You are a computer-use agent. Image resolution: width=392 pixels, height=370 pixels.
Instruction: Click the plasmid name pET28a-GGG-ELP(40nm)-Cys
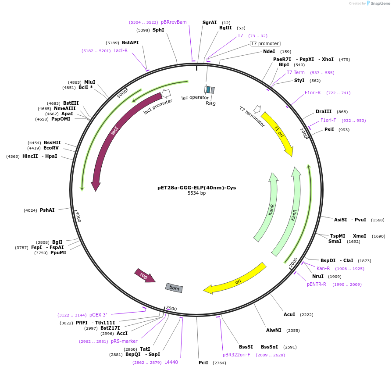tap(196, 188)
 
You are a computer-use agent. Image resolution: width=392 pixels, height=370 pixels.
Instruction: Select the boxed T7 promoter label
tap(265, 43)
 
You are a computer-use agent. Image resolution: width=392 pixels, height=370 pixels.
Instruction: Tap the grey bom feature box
tap(174, 288)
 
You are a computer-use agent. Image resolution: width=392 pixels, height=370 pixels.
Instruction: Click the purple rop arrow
tap(145, 276)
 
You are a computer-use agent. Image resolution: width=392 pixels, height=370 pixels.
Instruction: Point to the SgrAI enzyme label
tap(210, 22)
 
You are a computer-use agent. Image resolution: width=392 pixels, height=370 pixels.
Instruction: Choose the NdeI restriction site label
tap(269, 51)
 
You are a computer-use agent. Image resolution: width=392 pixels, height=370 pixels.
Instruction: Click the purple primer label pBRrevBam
tap(174, 22)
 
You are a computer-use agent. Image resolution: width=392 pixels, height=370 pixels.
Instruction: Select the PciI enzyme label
tap(203, 363)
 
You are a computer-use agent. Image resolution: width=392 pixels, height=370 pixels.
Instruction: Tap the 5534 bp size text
tap(196, 193)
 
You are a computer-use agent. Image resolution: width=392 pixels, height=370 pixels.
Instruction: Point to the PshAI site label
tap(47, 210)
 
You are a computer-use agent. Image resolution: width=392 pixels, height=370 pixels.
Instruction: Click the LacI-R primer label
tap(121, 50)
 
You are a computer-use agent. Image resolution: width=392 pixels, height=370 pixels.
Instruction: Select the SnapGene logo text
tap(379, 4)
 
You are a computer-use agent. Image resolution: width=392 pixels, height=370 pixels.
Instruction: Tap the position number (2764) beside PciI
tap(219, 363)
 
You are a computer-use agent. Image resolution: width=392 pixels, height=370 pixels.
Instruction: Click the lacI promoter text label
tap(158, 106)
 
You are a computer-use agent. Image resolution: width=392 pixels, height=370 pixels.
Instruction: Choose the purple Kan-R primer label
tap(323, 268)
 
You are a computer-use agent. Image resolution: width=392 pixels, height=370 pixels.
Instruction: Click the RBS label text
tap(210, 103)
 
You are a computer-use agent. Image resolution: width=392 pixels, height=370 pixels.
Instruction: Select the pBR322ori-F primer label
tap(236, 355)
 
